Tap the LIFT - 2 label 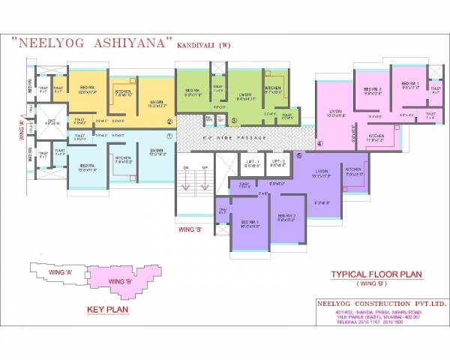click(277, 161)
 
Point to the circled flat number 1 click(169, 136)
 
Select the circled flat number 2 click(169, 121)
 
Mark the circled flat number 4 click(319, 143)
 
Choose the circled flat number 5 click(299, 155)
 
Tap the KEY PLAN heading click(104, 309)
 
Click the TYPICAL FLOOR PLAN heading click(370, 274)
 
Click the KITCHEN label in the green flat click(273, 88)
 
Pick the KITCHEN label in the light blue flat click(124, 157)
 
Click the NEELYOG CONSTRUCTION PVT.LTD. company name click(381, 304)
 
